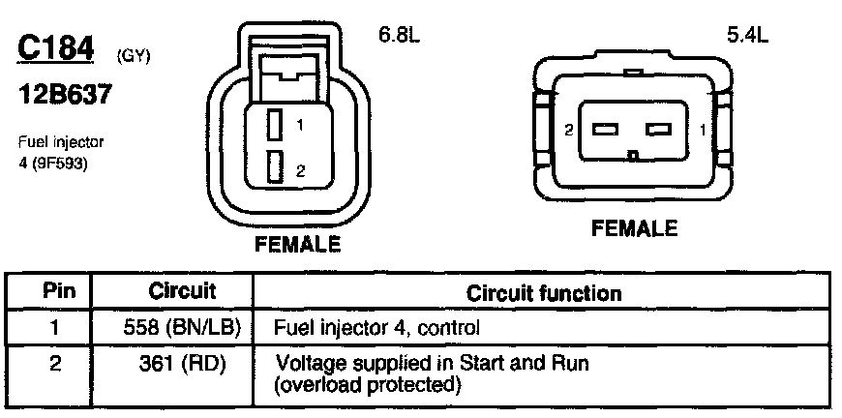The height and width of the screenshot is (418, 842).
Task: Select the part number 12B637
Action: click(65, 97)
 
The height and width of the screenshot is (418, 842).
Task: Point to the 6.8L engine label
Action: click(398, 36)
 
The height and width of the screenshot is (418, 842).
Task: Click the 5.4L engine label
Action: click(746, 37)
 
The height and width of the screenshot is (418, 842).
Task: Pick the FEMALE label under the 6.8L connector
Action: click(297, 244)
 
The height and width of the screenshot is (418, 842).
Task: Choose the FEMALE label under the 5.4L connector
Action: click(634, 228)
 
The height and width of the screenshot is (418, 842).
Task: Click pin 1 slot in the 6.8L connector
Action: click(275, 125)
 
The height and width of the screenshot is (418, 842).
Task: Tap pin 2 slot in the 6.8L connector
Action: click(275, 166)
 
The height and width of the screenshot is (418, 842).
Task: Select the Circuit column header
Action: click(182, 290)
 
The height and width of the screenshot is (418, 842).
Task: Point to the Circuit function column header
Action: click(544, 291)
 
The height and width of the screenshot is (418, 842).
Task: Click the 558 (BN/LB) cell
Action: click(182, 327)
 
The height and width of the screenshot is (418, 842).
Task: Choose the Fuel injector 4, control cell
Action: click(377, 327)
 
